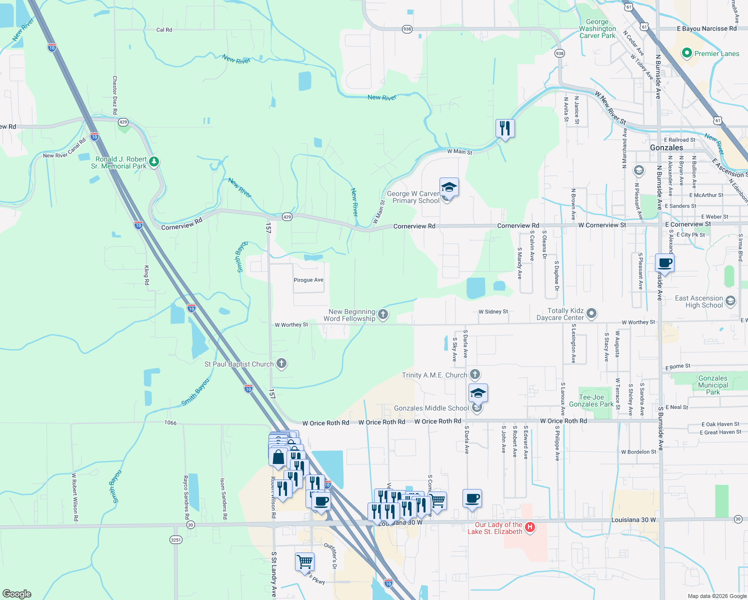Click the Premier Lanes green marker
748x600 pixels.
point(686,53)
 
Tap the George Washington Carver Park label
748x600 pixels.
point(597,29)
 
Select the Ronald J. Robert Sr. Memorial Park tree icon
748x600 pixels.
point(154,161)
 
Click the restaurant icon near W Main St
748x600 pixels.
point(505,128)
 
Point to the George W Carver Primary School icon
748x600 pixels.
point(449,187)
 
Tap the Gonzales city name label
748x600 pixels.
point(666,148)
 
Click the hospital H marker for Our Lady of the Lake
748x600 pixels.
point(530,527)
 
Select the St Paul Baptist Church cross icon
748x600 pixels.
point(281,363)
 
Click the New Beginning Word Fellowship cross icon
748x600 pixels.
point(383,314)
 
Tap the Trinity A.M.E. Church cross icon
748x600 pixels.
point(475,374)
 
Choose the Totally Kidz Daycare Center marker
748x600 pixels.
point(591,313)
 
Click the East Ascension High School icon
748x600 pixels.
point(730,301)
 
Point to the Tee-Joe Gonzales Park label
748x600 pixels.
point(591,400)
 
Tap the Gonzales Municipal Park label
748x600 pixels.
point(712,385)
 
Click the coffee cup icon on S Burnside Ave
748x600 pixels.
point(664,262)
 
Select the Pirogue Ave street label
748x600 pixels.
point(308,280)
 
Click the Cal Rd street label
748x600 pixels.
point(164,30)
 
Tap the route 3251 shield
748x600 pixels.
point(176,539)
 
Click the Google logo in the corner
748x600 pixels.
point(16,593)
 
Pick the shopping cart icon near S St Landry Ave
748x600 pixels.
point(304,561)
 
